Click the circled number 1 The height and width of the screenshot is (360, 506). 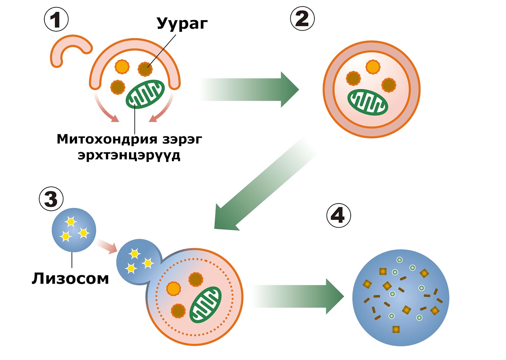[56, 20]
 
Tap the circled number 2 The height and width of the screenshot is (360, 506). [302, 19]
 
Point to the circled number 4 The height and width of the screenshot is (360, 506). [338, 215]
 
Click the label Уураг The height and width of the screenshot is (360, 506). [182, 23]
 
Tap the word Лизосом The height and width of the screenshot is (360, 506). [70, 278]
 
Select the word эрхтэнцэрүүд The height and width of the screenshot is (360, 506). [129, 155]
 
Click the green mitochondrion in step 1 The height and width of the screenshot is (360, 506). [145, 94]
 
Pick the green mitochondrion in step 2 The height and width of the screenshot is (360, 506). [367, 102]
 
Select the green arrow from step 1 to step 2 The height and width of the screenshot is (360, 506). [250, 90]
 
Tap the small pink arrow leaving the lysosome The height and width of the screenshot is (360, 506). [106, 247]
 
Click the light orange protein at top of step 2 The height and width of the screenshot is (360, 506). [373, 67]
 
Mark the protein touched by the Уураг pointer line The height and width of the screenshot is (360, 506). [145, 69]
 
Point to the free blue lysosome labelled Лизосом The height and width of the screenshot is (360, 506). [74, 230]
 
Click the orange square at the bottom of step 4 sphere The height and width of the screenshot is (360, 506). [396, 329]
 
